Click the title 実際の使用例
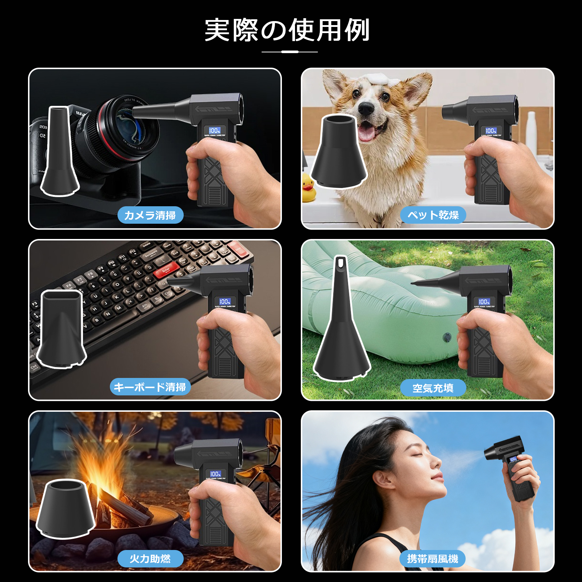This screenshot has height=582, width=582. pos(287,30)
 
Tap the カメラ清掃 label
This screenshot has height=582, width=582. pos(150,215)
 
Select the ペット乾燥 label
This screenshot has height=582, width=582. pos(433,215)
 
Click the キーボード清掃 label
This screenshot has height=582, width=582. pos(150,387)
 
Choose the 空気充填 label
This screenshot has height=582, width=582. pos(433,388)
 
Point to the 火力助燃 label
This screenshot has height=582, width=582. pos(150,559)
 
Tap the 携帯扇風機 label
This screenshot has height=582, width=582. pos(433,559)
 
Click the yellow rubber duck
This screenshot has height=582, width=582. pos(308,188)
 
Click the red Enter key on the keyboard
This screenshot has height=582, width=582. pos(166,271)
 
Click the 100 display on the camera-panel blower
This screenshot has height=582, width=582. pos(214,130)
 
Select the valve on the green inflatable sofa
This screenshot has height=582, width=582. pos(448,337)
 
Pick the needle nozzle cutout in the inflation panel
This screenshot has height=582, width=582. pos(341,320)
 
